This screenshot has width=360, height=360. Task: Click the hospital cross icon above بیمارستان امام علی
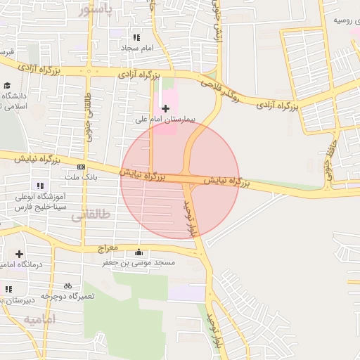point(165,108)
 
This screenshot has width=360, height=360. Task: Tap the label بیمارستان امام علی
point(165,120)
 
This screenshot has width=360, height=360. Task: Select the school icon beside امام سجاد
point(136,37)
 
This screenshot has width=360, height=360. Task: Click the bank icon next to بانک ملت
point(82,167)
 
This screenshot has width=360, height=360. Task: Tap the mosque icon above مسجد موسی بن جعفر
point(139,252)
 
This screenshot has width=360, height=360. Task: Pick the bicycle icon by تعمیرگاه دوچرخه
point(67,286)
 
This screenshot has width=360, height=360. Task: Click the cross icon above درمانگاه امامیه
point(18,254)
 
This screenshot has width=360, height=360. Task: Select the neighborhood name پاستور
point(94,10)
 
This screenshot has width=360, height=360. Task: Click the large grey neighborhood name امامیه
point(39,321)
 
